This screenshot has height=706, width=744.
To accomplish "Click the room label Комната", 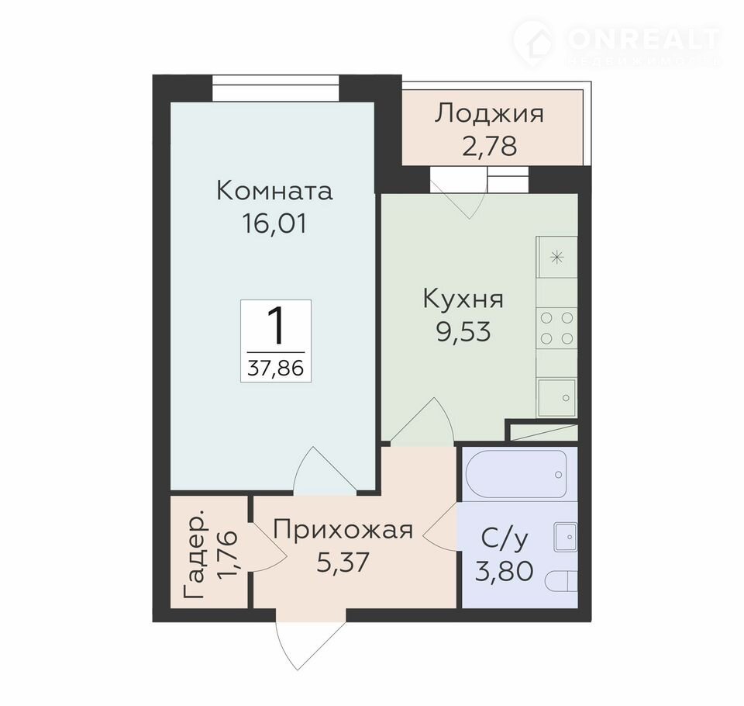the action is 274,192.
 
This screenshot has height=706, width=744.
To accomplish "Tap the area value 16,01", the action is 274,223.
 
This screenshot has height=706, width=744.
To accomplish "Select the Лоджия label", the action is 489,115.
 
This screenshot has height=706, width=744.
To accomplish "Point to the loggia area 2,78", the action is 489,146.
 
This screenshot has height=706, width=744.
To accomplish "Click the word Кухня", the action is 463,299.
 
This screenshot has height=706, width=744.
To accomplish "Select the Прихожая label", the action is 343,531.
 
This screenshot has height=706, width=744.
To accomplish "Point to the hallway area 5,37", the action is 343,562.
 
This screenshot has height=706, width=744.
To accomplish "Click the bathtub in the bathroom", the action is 516,474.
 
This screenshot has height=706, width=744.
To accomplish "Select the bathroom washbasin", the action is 566,538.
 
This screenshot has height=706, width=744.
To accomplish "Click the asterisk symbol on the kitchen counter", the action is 556,258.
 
